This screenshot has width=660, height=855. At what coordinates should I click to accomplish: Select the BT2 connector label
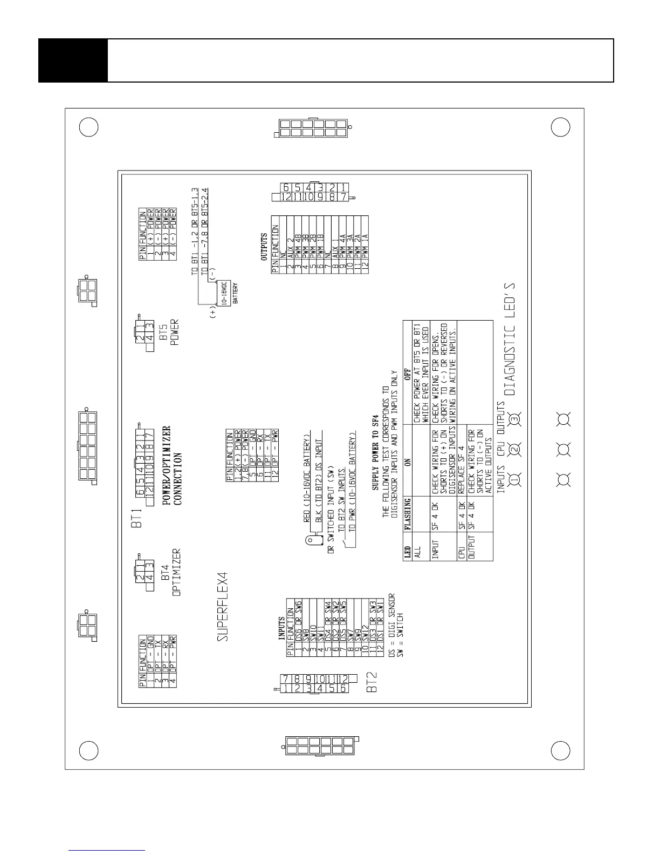pyautogui.click(x=372, y=682)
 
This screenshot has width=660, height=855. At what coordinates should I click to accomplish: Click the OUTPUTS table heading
pyautogui.click(x=264, y=247)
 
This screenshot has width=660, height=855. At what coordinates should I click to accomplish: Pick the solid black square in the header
pyautogui.click(x=73, y=60)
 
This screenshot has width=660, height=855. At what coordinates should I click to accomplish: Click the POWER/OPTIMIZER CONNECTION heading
pyautogui.click(x=173, y=464)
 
